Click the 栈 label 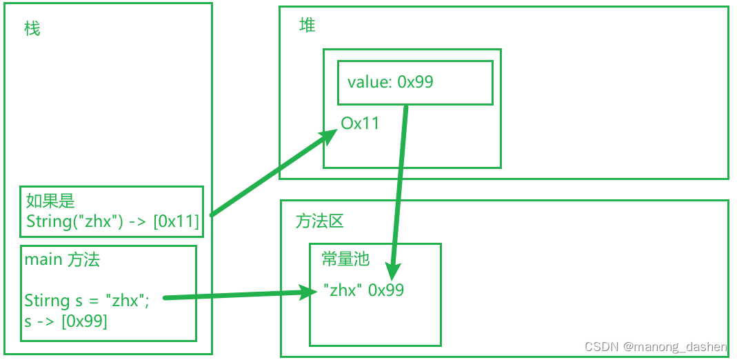coord(32,29)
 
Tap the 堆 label coord(307,25)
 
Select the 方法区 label coord(320,221)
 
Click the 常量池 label coord(345,259)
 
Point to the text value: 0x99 coord(390,82)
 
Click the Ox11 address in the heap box coord(360,123)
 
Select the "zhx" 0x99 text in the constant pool coord(364,290)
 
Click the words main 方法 coord(62,260)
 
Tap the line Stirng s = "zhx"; coord(86,300)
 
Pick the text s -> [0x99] coord(65,321)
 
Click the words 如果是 coord(50,201)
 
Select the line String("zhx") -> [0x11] coord(112,221)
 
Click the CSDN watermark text coord(656,347)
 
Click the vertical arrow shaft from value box coord(399,184)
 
